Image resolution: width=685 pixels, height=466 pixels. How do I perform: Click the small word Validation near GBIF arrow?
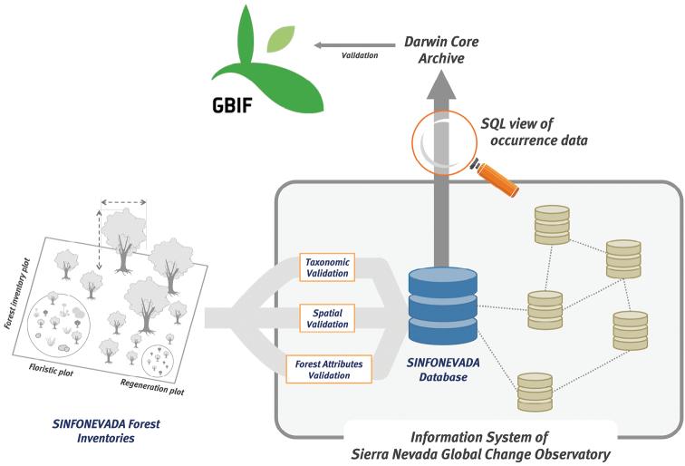pos(359,55)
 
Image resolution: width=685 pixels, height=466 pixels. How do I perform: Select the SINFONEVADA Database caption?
pos(438,369)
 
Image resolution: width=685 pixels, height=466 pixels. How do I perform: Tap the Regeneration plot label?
pos(152,389)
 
